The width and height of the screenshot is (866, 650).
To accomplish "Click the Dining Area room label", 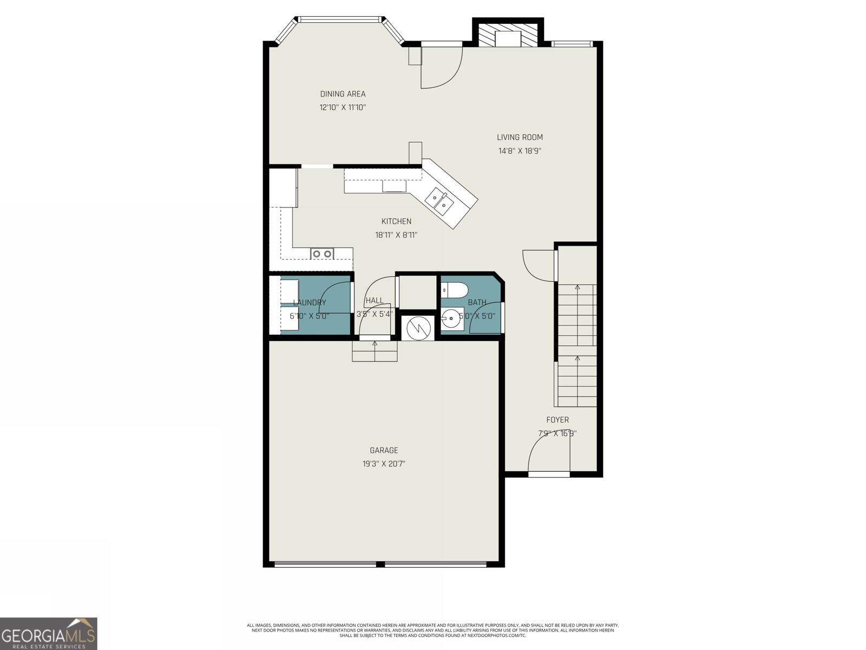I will click(x=343, y=94).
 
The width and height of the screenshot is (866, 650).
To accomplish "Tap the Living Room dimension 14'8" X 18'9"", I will click(x=520, y=151).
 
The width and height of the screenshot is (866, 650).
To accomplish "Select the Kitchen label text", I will click(x=396, y=221).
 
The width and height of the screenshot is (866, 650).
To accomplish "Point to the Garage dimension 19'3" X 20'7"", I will click(x=384, y=464).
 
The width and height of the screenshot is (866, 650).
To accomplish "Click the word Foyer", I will click(x=557, y=420).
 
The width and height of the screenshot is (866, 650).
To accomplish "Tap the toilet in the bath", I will click(x=454, y=291).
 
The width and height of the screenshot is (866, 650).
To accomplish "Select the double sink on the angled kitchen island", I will click(x=439, y=200).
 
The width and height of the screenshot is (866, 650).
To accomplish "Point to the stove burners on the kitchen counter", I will click(x=322, y=253).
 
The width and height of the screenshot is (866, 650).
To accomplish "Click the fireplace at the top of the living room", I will click(x=508, y=35).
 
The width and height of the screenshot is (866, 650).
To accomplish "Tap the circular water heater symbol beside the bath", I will click(x=418, y=327).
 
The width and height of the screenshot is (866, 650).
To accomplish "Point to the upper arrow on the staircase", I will click(x=578, y=288).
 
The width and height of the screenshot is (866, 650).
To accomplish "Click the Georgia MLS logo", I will click(x=49, y=633).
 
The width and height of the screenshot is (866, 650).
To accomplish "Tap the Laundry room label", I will click(x=310, y=303).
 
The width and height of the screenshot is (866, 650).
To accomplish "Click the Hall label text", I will click(x=374, y=301).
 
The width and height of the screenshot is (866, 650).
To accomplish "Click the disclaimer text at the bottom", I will click(x=432, y=630).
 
